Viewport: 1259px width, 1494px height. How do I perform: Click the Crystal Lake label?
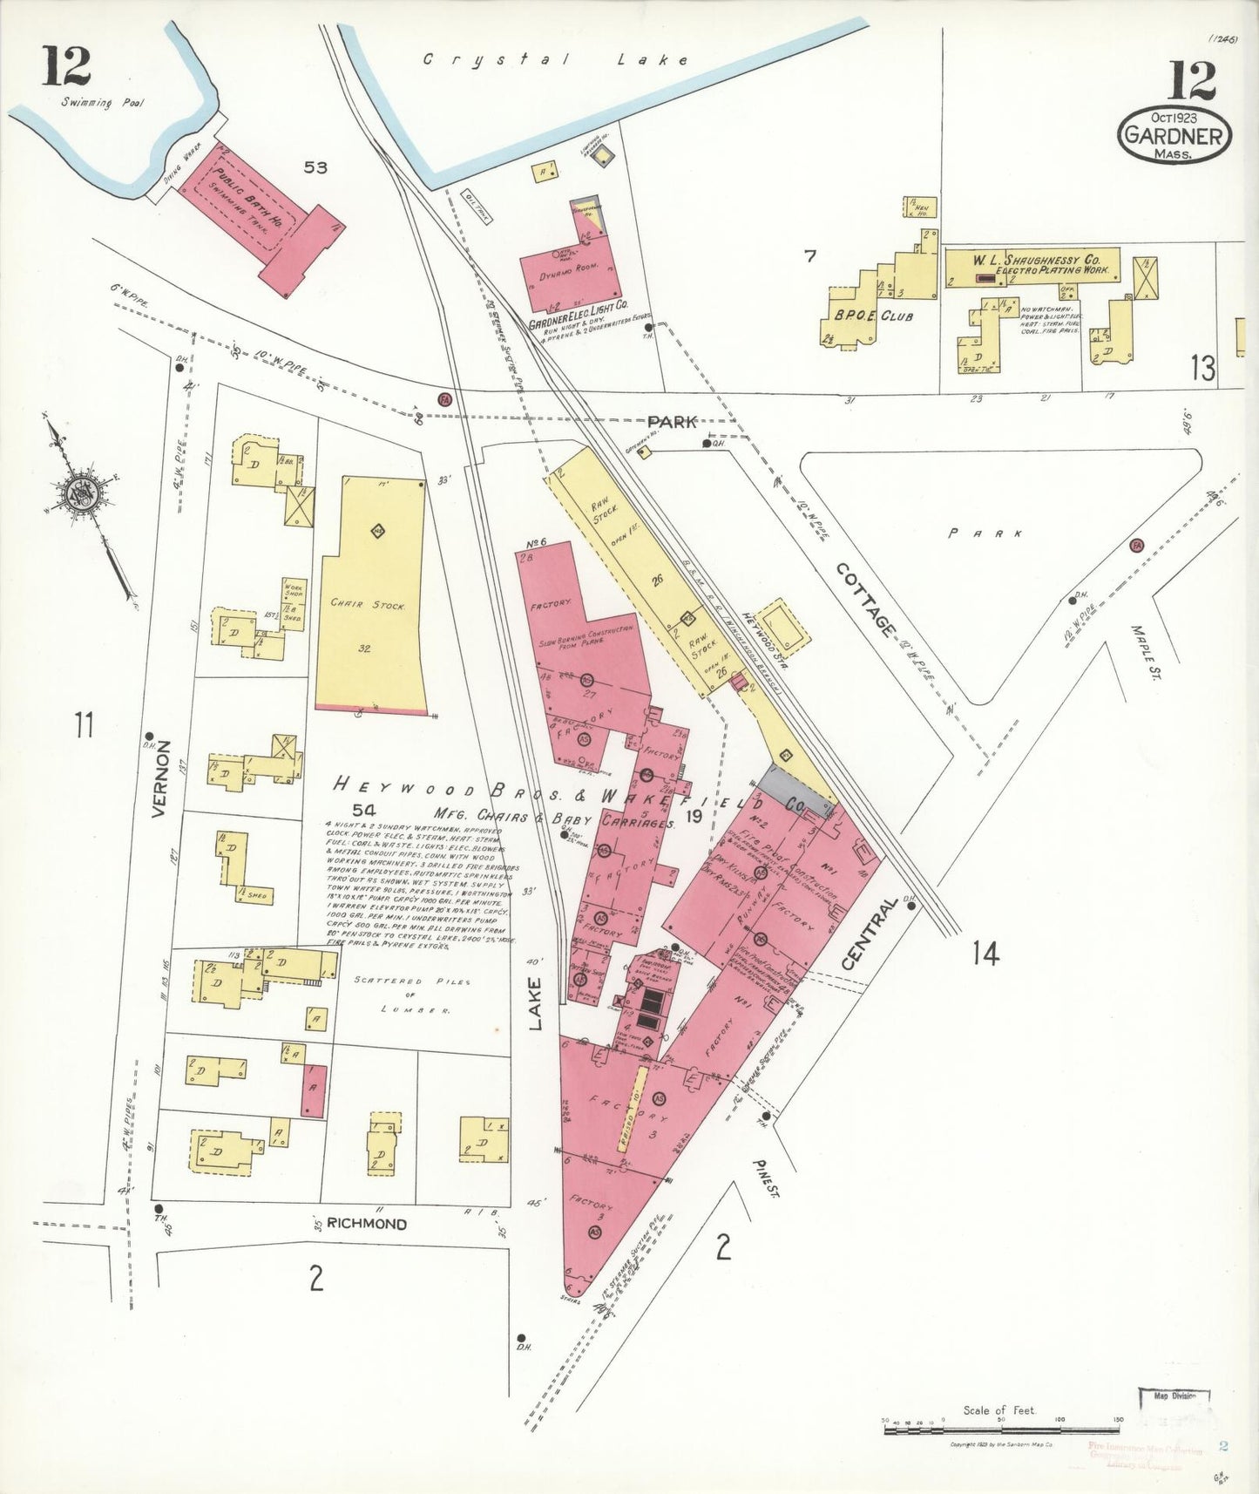[555, 60]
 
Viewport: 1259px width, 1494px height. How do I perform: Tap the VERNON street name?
[159, 778]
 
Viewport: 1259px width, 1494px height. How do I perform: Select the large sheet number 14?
[985, 954]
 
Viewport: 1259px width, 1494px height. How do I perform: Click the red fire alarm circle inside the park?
[1136, 546]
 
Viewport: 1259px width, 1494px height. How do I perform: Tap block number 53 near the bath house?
[315, 167]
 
